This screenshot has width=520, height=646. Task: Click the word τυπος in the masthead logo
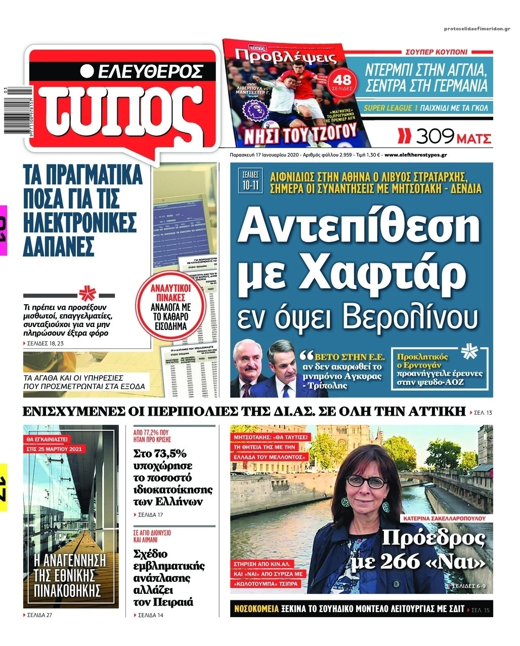pyautogui.click(x=124, y=112)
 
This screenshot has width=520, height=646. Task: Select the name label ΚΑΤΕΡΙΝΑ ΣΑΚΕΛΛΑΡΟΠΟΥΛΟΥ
pyautogui.click(x=442, y=518)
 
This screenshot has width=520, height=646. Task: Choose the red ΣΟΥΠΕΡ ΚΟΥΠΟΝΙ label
pyautogui.click(x=437, y=52)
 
